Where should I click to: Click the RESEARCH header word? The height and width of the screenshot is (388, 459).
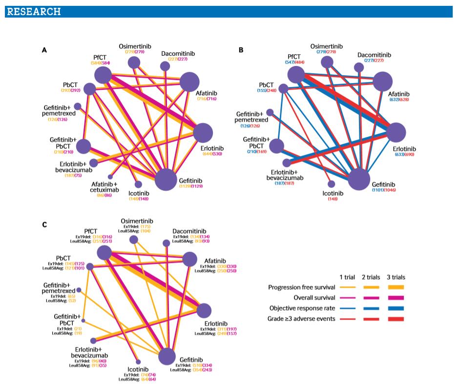pyautogui.click(x=34, y=11)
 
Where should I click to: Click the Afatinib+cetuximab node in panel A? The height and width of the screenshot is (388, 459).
pyautogui.click(x=110, y=176)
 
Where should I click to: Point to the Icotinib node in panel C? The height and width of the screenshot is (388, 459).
pyautogui.click(x=139, y=362)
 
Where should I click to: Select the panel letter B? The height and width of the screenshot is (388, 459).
pyautogui.click(x=241, y=50)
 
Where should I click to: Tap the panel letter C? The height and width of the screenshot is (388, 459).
pyautogui.click(x=44, y=225)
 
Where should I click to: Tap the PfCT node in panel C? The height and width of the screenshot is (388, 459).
pyautogui.click(x=104, y=252)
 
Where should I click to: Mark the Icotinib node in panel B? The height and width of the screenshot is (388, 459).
pyautogui.click(x=332, y=184)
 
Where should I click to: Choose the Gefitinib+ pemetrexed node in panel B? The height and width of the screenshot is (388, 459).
pyautogui.click(x=270, y=112)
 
